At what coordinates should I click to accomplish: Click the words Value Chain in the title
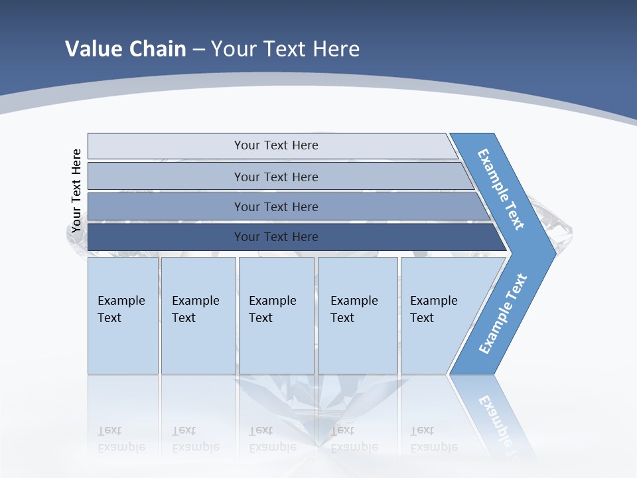pyautogui.click(x=125, y=48)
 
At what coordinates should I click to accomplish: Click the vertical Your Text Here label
pyautogui.click(x=76, y=191)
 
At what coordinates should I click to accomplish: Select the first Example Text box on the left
pyautogui.click(x=123, y=315)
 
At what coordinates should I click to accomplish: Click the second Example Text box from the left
pyautogui.click(x=198, y=315)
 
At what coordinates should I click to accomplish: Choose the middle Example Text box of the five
pyautogui.click(x=276, y=315)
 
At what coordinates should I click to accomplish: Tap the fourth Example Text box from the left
pyautogui.click(x=358, y=315)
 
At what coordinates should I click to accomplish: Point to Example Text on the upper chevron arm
pyautogui.click(x=501, y=189)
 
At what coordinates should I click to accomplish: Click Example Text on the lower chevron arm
pyautogui.click(x=503, y=314)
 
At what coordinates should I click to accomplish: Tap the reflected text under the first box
pyautogui.click(x=121, y=439)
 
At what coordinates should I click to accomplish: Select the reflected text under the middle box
pyautogui.click(x=272, y=439)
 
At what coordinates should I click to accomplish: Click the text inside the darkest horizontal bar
pyautogui.click(x=276, y=237)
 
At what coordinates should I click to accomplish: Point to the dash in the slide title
pyautogui.click(x=198, y=49)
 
